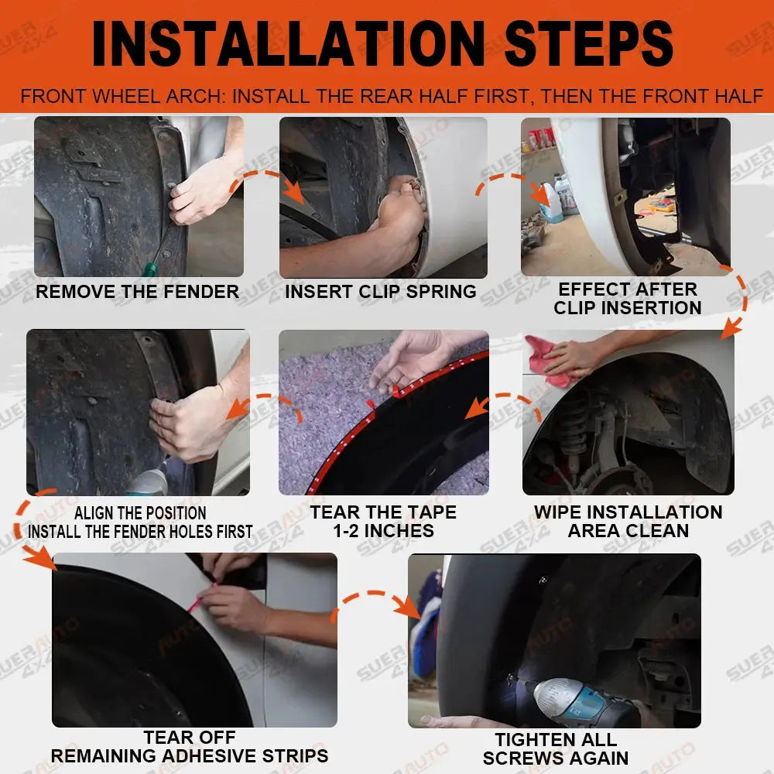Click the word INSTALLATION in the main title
[289, 43]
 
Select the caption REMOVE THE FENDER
[137, 291]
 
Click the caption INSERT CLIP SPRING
[381, 291]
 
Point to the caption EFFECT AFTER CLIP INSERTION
[628, 298]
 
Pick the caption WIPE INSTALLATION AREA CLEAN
[628, 521]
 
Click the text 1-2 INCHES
[384, 531]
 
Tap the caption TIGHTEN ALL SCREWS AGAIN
[556, 748]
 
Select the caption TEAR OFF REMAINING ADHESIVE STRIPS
[190, 746]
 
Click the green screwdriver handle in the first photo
[150, 269]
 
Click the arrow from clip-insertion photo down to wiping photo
[738, 301]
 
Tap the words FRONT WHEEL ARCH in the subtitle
[123, 96]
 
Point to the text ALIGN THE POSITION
[140, 513]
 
